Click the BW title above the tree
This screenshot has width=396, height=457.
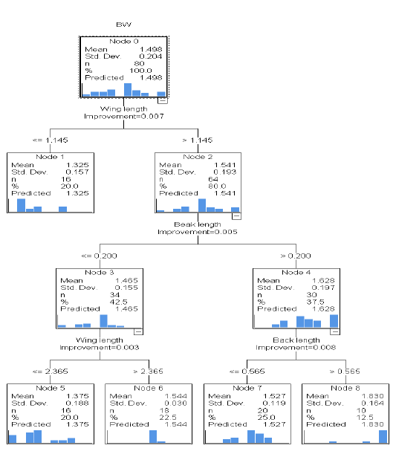pos(123,25)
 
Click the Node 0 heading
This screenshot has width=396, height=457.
pos(124,42)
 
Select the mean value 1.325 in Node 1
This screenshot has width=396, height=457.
pos(77,165)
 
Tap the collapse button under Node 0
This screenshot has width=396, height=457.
pos(163,100)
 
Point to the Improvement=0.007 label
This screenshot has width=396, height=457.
pos(124,116)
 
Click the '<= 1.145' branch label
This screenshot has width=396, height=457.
pos(50,140)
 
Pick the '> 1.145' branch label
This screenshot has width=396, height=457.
pos(198,140)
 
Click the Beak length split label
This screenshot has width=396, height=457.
pos(198,224)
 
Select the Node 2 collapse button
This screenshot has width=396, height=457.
pos(236,216)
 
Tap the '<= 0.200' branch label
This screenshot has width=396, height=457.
pos(99,256)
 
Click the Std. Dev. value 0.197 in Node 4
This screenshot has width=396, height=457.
pos(323,288)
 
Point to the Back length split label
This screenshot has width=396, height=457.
pos(296,340)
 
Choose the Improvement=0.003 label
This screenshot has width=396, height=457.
pos(100,348)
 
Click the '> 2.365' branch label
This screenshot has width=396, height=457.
pos(148,372)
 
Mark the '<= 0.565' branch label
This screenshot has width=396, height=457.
pos(247,372)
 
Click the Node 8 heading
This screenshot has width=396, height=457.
pos(345,388)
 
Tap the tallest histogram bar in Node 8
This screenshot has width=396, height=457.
pos(383,437)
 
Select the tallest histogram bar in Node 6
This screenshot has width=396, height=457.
pos(153,437)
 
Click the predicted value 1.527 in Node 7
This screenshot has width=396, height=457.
pos(274,424)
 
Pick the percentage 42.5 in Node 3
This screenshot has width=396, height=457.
pos(118,302)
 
